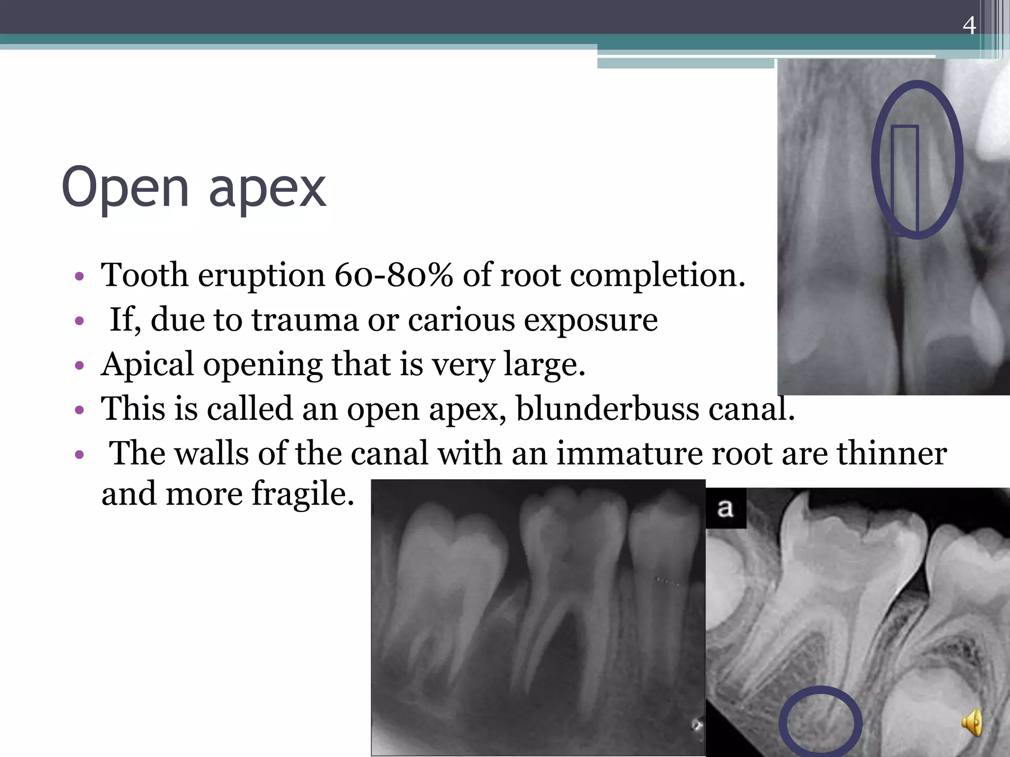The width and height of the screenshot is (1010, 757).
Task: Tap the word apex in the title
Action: coord(267,190)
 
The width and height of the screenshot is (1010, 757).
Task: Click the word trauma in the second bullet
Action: coord(305,320)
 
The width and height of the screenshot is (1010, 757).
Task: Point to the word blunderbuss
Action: coord(607,409)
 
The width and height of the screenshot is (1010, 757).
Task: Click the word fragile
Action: coord(303,494)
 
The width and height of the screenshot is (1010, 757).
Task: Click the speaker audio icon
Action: coord(972,723)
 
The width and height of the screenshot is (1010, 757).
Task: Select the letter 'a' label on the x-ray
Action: coord(724,508)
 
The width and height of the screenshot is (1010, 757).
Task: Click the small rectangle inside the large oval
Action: coord(904,180)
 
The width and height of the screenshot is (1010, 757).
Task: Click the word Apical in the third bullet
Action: coord(147,365)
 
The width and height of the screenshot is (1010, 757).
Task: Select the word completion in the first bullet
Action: coord(657,275)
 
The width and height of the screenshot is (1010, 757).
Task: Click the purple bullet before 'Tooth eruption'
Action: coord(79,276)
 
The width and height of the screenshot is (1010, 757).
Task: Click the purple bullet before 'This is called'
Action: coord(79,410)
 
